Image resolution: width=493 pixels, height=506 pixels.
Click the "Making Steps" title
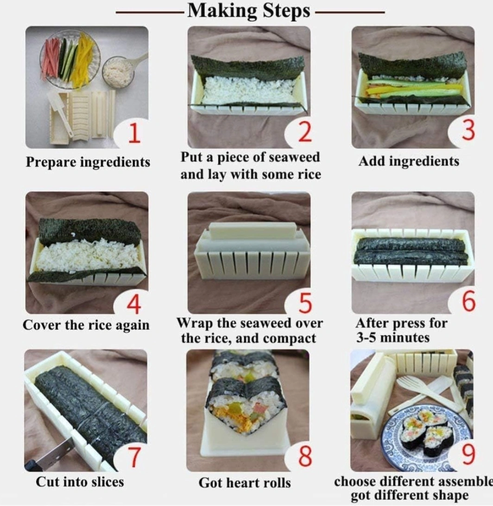pyautogui.click(x=249, y=11)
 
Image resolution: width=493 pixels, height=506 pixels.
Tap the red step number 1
pyautogui.click(x=134, y=133)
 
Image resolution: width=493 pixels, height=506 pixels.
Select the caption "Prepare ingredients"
pyautogui.click(x=88, y=162)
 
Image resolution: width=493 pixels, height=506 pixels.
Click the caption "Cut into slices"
pyautogui.click(x=80, y=482)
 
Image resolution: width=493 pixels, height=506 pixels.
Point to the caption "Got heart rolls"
pyautogui.click(x=245, y=483)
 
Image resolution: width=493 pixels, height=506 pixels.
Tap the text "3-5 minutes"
pyautogui.click(x=392, y=337)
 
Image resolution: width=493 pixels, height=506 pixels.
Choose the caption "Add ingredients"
pyautogui.click(x=409, y=161)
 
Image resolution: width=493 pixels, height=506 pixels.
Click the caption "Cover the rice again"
pyautogui.click(x=86, y=325)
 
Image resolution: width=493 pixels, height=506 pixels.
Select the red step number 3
pyautogui.click(x=469, y=130)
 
